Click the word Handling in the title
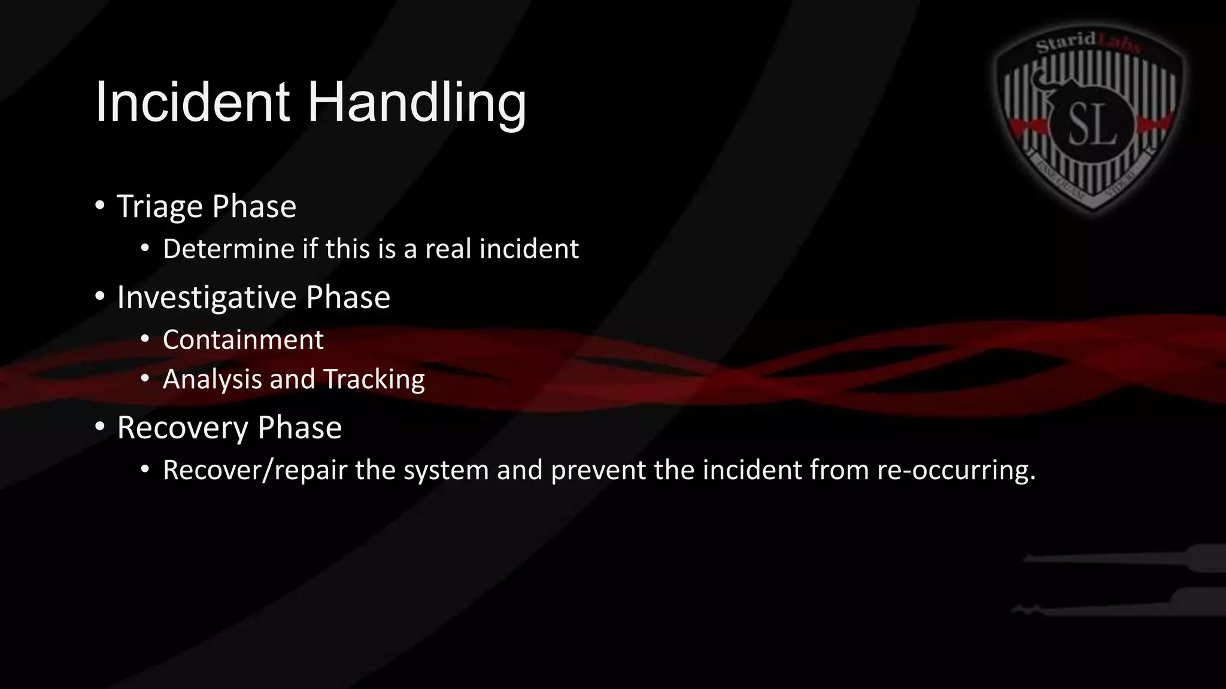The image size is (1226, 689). pyautogui.click(x=417, y=103)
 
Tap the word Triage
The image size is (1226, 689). pyautogui.click(x=160, y=207)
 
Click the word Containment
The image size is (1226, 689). pyautogui.click(x=243, y=340)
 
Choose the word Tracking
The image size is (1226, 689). pyautogui.click(x=374, y=380)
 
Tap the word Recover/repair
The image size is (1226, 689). pyautogui.click(x=255, y=470)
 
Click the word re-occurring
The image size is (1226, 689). pyautogui.click(x=956, y=470)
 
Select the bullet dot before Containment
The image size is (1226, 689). pyautogui.click(x=145, y=340)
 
